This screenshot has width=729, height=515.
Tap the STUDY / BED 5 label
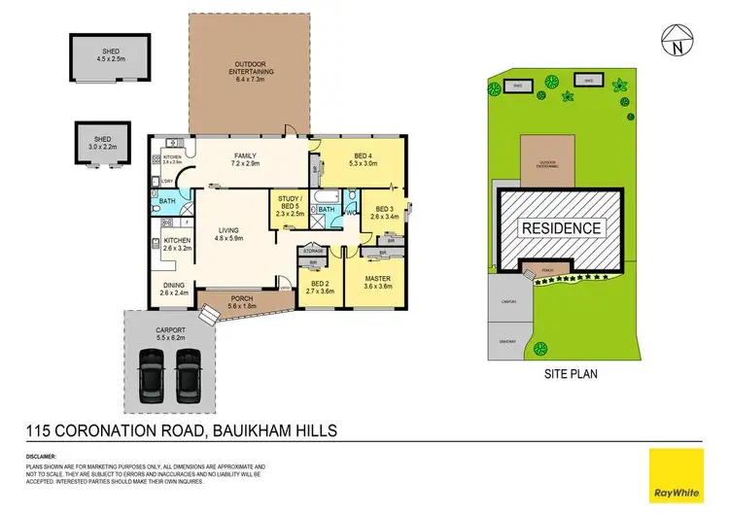pyautogui.click(x=290, y=203)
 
